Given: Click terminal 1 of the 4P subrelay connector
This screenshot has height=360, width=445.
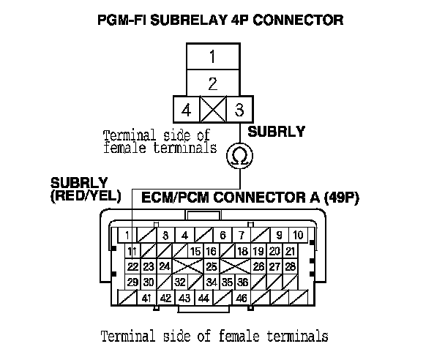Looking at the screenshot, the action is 212,56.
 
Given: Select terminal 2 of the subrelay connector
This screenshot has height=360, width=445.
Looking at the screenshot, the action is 212,83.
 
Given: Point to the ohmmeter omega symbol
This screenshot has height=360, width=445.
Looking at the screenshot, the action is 237,155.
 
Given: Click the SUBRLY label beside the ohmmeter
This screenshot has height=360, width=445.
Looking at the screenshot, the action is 277,132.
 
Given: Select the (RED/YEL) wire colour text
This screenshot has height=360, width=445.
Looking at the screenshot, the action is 80,195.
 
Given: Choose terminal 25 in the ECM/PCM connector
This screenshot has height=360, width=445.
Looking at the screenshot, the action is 211,266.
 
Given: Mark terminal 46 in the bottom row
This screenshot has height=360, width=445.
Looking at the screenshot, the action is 240,299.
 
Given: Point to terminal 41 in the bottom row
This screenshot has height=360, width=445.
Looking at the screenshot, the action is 147,299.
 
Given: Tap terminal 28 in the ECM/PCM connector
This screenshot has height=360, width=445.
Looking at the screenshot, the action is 291,266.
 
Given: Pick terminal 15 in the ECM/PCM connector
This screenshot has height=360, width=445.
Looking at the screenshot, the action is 195,251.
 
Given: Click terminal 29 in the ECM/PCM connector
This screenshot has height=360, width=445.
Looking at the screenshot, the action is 132,282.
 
